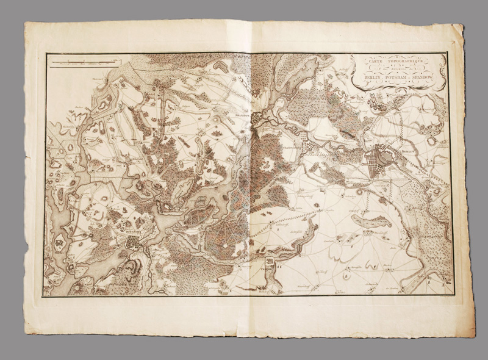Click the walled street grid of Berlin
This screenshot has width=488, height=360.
click(378, 164)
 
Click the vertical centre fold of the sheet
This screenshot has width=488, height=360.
click(251, 183)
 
